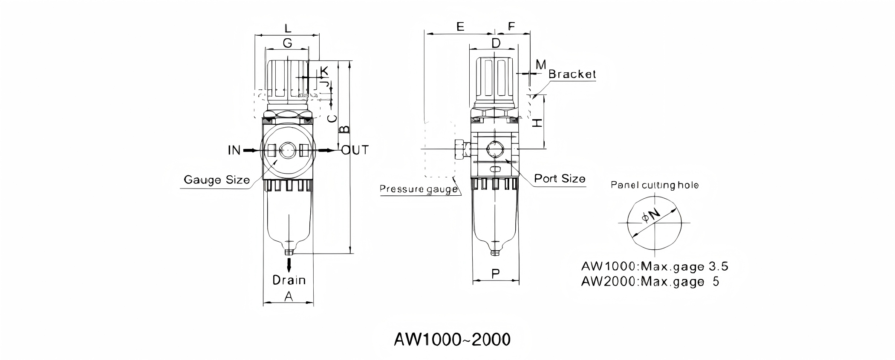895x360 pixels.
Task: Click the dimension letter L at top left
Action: tap(288, 29)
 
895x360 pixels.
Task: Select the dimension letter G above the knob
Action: tap(288, 43)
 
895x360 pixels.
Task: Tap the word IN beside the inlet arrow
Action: tap(234, 150)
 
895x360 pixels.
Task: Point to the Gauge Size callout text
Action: tap(217, 180)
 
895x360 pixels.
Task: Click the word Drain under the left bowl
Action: tap(289, 280)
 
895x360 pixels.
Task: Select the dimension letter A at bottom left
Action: tap(289, 296)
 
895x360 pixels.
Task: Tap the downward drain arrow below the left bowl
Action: tap(289, 265)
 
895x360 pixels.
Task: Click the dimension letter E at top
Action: tap(460, 27)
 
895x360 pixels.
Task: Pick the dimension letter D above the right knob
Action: tap(496, 43)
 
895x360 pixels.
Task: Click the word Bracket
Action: tap(572, 74)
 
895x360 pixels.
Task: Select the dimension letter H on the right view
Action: tap(538, 123)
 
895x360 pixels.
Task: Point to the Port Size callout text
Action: tap(560, 179)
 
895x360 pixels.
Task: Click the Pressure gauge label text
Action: tap(418, 189)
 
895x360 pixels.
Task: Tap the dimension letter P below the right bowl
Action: tap(495, 274)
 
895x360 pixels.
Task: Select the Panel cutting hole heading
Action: tap(655, 185)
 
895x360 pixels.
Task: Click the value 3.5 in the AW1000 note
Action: tap(718, 267)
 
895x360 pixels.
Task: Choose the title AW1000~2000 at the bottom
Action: tap(452, 339)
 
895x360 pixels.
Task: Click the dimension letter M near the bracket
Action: tap(540, 65)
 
